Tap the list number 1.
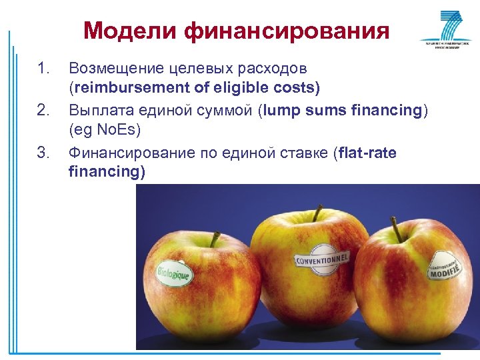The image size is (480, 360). tap(43, 69)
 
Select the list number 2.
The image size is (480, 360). tap(43, 111)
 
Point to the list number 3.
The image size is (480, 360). tap(43, 153)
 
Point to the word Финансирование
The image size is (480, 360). tap(134, 153)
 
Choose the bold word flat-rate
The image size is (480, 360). tap(367, 153)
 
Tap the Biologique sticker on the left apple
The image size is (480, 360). tap(174, 272)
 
